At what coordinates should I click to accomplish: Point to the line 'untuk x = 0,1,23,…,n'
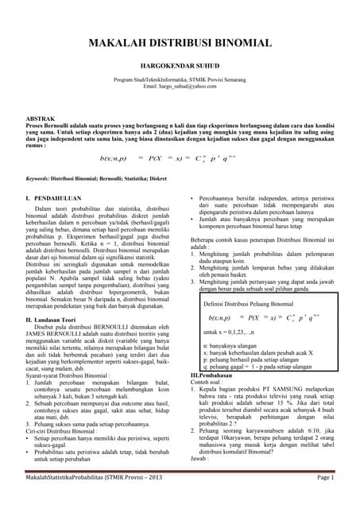click(234, 330)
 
